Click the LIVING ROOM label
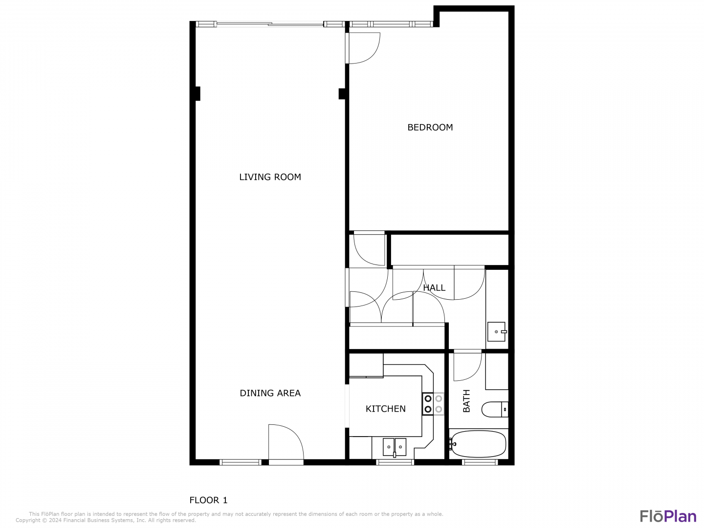click(270, 177)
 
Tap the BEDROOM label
click(430, 127)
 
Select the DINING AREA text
click(270, 393)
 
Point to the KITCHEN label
click(386, 409)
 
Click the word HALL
click(434, 287)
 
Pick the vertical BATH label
click(466, 401)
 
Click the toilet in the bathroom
click(495, 409)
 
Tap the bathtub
click(478, 444)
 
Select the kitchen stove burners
click(433, 404)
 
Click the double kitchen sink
click(395, 447)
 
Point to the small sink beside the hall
click(497, 331)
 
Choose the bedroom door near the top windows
click(363, 48)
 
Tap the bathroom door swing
click(468, 365)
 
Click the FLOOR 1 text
click(208, 500)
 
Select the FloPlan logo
click(668, 516)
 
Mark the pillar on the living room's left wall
click(198, 93)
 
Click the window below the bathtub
click(480, 462)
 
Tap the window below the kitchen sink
click(395, 462)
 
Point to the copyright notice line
click(106, 520)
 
